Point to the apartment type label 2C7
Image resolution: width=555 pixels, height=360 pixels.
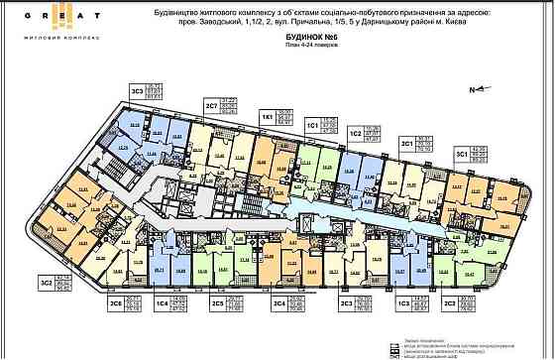pos(211,108)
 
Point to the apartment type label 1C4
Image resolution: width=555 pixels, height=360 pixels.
pos(161,303)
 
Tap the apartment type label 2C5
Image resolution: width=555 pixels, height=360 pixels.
pos(215,303)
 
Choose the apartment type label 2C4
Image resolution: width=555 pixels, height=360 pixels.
pos(279,303)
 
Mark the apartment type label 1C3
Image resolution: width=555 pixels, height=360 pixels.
pos(402,303)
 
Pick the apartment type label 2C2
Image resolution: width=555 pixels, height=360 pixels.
pos(449,303)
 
